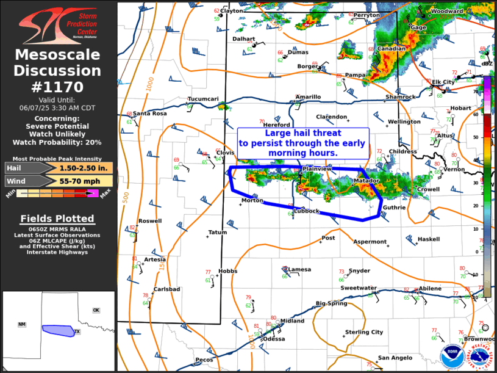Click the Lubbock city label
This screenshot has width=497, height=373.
coord(307,211)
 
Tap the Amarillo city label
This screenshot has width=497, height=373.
coord(308,97)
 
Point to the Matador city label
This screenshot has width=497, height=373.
coord(366,181)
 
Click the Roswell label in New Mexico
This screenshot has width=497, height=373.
coord(150,221)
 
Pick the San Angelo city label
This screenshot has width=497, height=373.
coord(395,358)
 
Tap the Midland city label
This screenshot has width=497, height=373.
coord(292,320)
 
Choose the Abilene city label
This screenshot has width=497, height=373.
coord(430,289)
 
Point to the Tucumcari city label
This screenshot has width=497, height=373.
coord(203,99)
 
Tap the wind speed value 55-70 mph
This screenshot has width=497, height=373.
coord(85,181)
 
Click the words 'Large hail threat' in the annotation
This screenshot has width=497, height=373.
coord(302,133)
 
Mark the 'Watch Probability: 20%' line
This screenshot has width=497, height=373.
coord(58,142)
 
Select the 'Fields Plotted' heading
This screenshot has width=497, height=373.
coord(57,219)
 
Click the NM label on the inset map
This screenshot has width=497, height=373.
coord(22,324)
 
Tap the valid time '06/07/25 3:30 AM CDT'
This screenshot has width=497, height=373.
coord(58,107)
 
